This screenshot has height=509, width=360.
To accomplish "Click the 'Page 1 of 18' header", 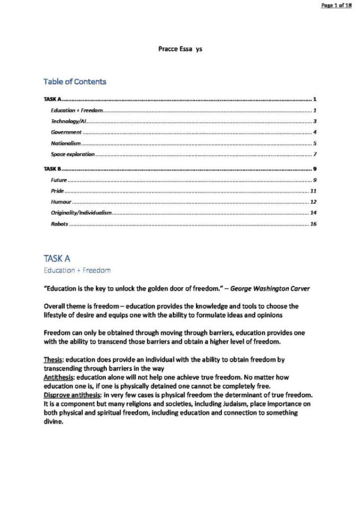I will pyautogui.click(x=336, y=5).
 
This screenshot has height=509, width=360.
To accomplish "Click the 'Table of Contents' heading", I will pyautogui.click(x=75, y=81).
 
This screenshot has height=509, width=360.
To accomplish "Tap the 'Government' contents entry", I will pyautogui.click(x=66, y=132).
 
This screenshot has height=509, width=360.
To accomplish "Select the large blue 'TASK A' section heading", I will pyautogui.click(x=57, y=258).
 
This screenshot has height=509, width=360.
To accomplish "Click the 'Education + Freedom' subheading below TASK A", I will pyautogui.click(x=77, y=270).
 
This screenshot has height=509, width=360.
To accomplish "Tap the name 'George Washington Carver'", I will pyautogui.click(x=270, y=288).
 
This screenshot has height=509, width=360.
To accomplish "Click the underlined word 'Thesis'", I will pyautogui.click(x=53, y=359).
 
